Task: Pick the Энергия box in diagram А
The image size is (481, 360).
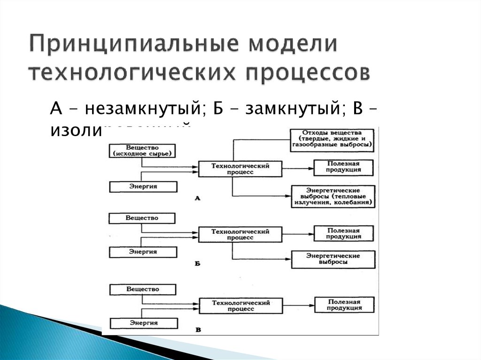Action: coord(143,187)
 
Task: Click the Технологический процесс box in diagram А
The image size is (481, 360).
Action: coord(240,169)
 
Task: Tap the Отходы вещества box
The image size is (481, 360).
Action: coord(332,139)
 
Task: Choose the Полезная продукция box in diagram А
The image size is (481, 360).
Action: coord(344,167)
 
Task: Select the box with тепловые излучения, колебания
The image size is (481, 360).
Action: coord(333,197)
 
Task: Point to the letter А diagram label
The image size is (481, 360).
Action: coord(198,199)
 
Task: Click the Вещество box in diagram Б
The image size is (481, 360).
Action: coord(142,218)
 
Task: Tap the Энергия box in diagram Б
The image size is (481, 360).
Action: coord(143,252)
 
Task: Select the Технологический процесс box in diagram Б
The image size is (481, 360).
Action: coord(240,234)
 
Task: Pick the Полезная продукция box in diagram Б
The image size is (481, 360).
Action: coord(344,233)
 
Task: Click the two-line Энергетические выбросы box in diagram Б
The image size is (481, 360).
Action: coord(333,259)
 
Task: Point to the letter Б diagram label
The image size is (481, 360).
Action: coord(198,264)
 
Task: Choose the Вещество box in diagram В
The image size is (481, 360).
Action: coord(143,289)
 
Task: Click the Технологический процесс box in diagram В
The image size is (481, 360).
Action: coord(240,306)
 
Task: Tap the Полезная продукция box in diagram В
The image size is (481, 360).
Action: coord(344,305)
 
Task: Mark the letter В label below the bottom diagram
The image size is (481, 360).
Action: coord(198,330)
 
